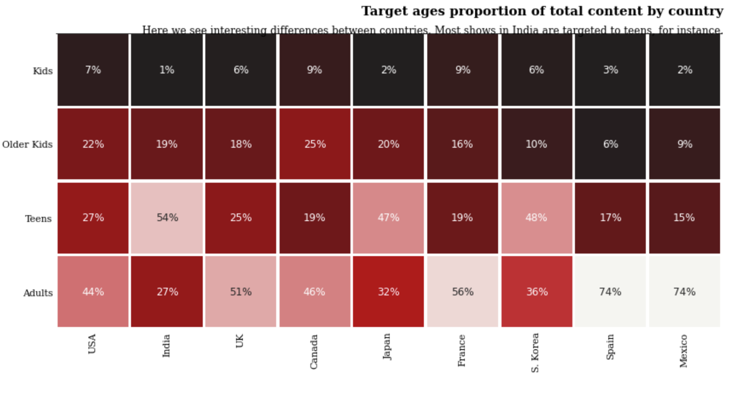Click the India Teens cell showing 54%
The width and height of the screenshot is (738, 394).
click(167, 218)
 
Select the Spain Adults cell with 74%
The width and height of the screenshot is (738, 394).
click(610, 292)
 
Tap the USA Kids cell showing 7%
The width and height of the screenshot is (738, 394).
click(93, 70)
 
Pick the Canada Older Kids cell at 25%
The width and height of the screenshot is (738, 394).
click(315, 144)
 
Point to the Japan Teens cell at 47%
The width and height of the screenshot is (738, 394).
click(388, 218)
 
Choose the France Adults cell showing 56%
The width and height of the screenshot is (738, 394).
click(463, 292)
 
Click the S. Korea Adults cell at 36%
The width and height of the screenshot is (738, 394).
click(537, 292)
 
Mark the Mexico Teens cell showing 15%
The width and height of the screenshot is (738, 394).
click(684, 218)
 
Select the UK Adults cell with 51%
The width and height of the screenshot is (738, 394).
click(241, 292)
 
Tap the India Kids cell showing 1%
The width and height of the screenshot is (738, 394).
click(167, 70)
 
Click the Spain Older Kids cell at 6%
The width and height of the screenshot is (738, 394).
click(610, 144)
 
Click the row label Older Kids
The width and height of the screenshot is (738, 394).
click(27, 145)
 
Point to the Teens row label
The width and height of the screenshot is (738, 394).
click(38, 219)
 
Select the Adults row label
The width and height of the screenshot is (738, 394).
click(38, 293)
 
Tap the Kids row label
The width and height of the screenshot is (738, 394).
click(43, 71)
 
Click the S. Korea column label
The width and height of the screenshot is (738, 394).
click(535, 353)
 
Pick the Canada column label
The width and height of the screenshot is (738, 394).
click(314, 352)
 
